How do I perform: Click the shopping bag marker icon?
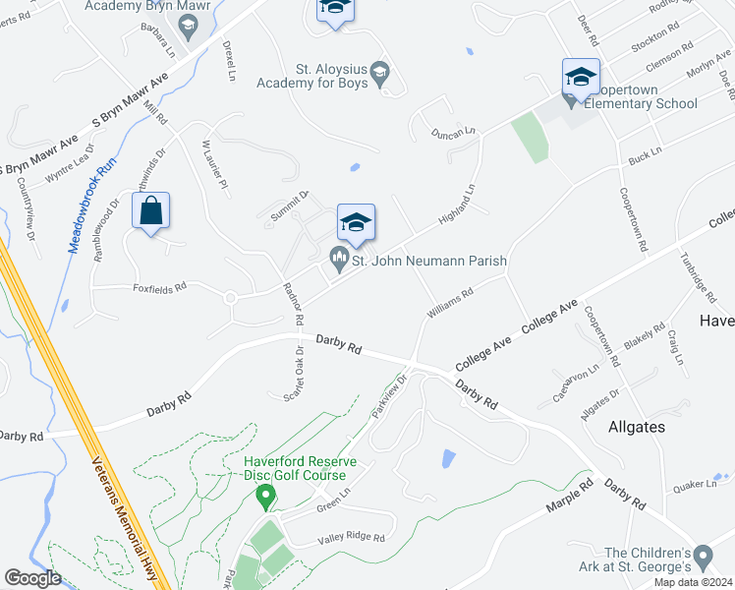(x=150, y=211)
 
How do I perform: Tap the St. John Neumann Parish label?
(x=429, y=262)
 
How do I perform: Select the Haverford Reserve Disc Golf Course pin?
(x=263, y=497)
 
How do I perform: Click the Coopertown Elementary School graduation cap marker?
(x=581, y=76)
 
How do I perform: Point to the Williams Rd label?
(x=451, y=302)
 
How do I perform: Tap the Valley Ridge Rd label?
(x=350, y=538)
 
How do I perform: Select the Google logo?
(x=32, y=577)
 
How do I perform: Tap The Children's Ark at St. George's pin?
(x=703, y=558)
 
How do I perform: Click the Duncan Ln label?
(x=454, y=130)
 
